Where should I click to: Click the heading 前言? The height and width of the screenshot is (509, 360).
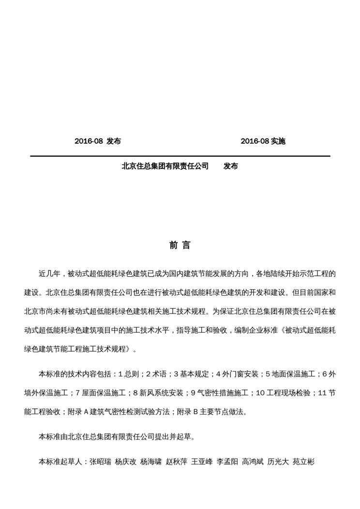pos(180,245)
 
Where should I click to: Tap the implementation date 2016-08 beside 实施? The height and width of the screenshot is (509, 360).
pos(255,141)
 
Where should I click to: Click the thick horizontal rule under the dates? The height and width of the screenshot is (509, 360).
pos(180,156)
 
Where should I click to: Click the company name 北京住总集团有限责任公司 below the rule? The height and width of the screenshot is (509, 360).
pos(165,166)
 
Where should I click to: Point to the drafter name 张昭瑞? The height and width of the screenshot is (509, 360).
pos(100,462)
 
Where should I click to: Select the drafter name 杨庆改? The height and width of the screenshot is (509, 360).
pos(125,462)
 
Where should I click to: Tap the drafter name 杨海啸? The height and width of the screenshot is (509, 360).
pos(150,462)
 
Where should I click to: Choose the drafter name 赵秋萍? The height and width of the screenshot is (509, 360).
pos(176,462)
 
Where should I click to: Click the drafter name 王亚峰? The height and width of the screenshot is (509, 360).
pos(202,462)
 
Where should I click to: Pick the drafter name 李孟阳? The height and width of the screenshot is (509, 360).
pos(227,462)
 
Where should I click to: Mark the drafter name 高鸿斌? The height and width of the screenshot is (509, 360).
pos(253,462)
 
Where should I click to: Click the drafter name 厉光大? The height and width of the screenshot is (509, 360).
pos(278,462)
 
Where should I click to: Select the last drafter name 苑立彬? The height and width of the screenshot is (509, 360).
pos(303,462)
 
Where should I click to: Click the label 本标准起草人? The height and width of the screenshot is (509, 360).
pos(60,462)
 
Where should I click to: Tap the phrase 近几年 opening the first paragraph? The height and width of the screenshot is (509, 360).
pos(49,273)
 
